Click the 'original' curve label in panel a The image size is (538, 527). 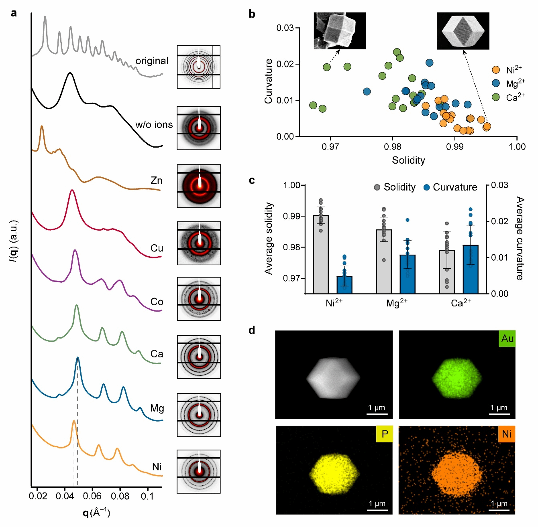151,61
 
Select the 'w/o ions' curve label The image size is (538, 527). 154,125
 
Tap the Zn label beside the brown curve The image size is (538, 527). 157,180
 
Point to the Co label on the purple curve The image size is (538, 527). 157,302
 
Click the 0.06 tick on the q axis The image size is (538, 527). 92,496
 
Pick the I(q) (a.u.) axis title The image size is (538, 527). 14,241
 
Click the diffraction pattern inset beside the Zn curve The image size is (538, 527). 199,186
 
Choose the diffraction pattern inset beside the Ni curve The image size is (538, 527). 199,471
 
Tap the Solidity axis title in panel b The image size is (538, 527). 408,160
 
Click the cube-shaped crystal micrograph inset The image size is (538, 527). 340,31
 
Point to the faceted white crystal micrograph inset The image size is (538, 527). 463,31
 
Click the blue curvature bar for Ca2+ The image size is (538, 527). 471,269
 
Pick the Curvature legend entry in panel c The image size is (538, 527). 450,187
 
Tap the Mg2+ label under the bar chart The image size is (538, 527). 397,303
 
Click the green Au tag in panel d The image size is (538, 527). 507,339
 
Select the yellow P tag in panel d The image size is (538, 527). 385,434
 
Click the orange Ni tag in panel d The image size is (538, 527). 506,434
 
